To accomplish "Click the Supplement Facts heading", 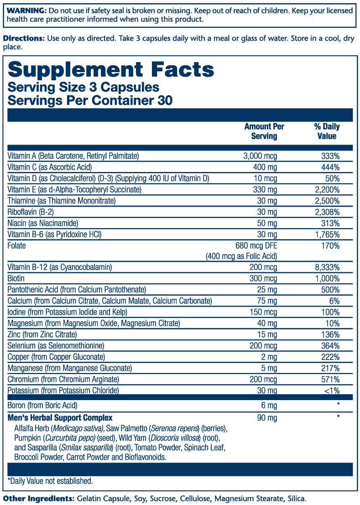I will pos(111,69).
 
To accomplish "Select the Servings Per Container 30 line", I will pos(90,100).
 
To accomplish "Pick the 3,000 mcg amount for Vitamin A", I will pos(260,156).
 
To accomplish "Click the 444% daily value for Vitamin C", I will pos(330,167).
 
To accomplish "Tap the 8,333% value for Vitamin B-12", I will pos(327,267).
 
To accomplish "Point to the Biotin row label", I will pos(16,278).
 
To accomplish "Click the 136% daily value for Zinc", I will pos(330,335).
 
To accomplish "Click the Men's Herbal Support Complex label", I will pos(60,418).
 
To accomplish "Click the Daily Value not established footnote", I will pos(50,481).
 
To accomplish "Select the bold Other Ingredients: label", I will pos(38,498).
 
